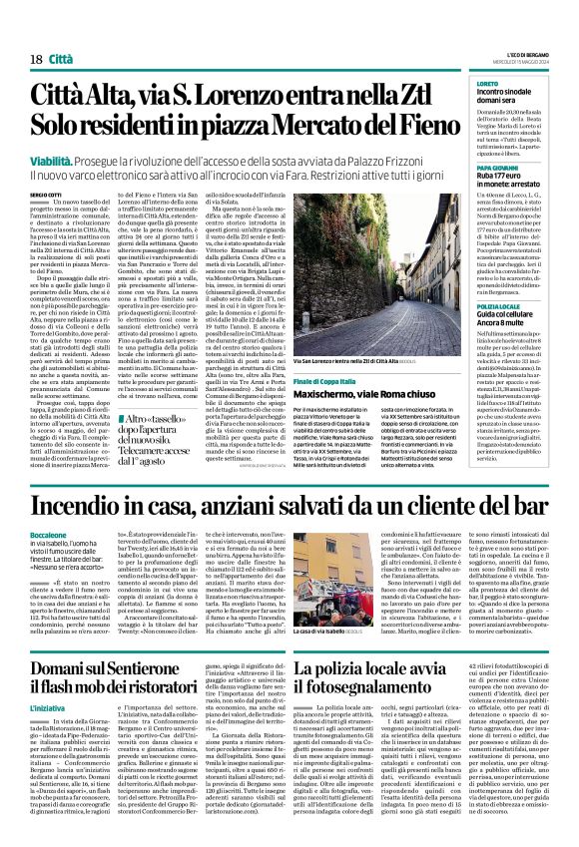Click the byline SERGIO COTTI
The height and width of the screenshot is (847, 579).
coord(45,195)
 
